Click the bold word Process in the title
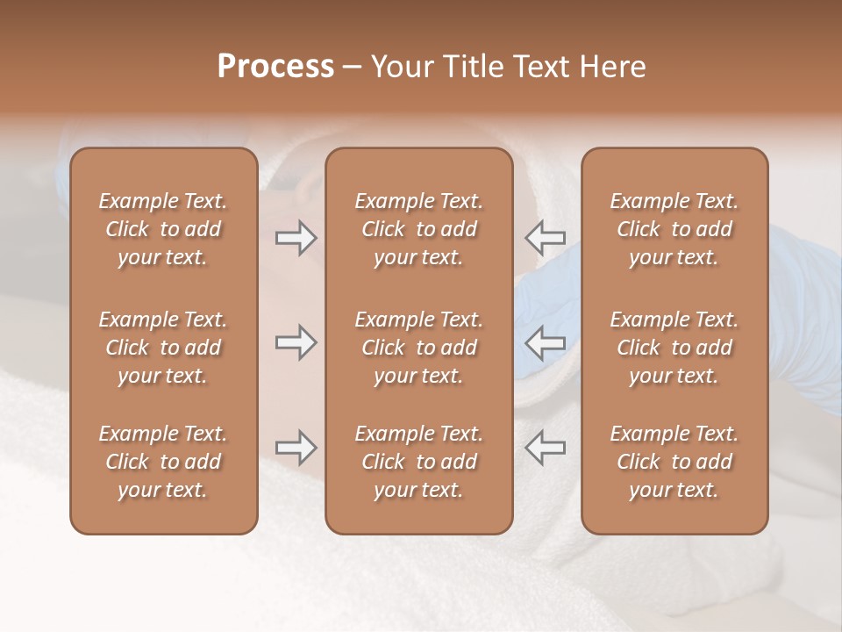275,67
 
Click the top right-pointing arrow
296,238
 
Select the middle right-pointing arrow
296,342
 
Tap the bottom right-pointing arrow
296,448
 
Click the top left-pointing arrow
546,238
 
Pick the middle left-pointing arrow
546,342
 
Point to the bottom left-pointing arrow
546,448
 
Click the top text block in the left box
163,229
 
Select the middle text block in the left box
163,348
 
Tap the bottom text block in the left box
163,462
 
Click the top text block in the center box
419,229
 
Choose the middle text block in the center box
419,348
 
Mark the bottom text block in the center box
419,462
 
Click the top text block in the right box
674,229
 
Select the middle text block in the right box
674,348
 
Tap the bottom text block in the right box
674,462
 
